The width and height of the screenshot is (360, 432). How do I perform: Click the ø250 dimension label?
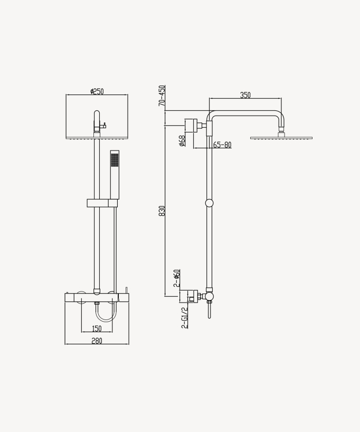click(97, 91)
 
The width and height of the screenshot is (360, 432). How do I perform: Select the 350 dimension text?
click(245, 95)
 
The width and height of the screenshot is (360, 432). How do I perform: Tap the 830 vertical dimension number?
click(162, 211)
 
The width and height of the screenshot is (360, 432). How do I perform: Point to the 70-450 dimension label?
click(162, 96)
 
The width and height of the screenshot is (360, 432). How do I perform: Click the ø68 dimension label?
click(182, 140)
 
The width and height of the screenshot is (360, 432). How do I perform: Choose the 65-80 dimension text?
click(222, 145)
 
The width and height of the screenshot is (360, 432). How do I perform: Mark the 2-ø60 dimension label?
click(177, 278)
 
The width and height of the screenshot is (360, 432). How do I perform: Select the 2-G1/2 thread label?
click(184, 318)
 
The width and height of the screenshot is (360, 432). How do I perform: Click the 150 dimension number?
click(97, 328)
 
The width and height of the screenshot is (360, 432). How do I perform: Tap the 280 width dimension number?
click(97, 341)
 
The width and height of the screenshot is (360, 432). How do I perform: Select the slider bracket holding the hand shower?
click(102, 203)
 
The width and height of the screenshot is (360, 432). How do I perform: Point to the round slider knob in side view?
click(210, 203)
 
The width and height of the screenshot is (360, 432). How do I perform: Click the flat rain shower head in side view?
click(281, 138)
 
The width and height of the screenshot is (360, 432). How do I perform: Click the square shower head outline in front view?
click(97, 117)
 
